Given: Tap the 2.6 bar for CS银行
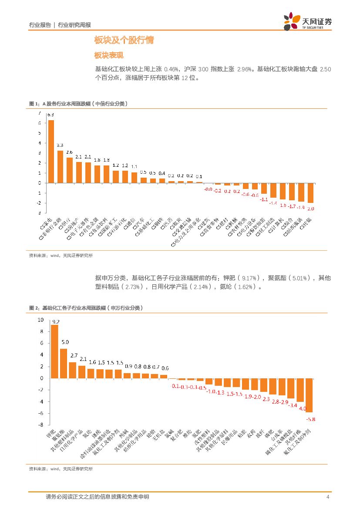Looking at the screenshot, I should coord(70,170).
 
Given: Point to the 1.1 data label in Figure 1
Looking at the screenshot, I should coord(135,166).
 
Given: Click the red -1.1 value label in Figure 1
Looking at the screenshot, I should coord(264,199).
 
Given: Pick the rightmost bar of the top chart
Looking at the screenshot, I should coord(310,193).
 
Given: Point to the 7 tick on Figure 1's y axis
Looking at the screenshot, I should coord(40,113).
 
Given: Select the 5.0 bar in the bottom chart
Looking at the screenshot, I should coord(64,363).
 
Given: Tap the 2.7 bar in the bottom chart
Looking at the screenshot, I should coord(73,370).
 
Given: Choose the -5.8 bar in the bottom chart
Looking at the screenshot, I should coord(310,395).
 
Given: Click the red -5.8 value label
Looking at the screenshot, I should coord(311,419).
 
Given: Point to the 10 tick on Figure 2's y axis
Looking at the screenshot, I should coord(41,320).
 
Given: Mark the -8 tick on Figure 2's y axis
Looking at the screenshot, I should coord(41,425).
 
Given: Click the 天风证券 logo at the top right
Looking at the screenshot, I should coord(307,21).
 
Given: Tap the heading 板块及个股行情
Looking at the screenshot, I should coord(124,41).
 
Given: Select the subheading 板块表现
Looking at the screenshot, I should coord(109,56).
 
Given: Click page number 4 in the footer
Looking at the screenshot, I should coord(327,497).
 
